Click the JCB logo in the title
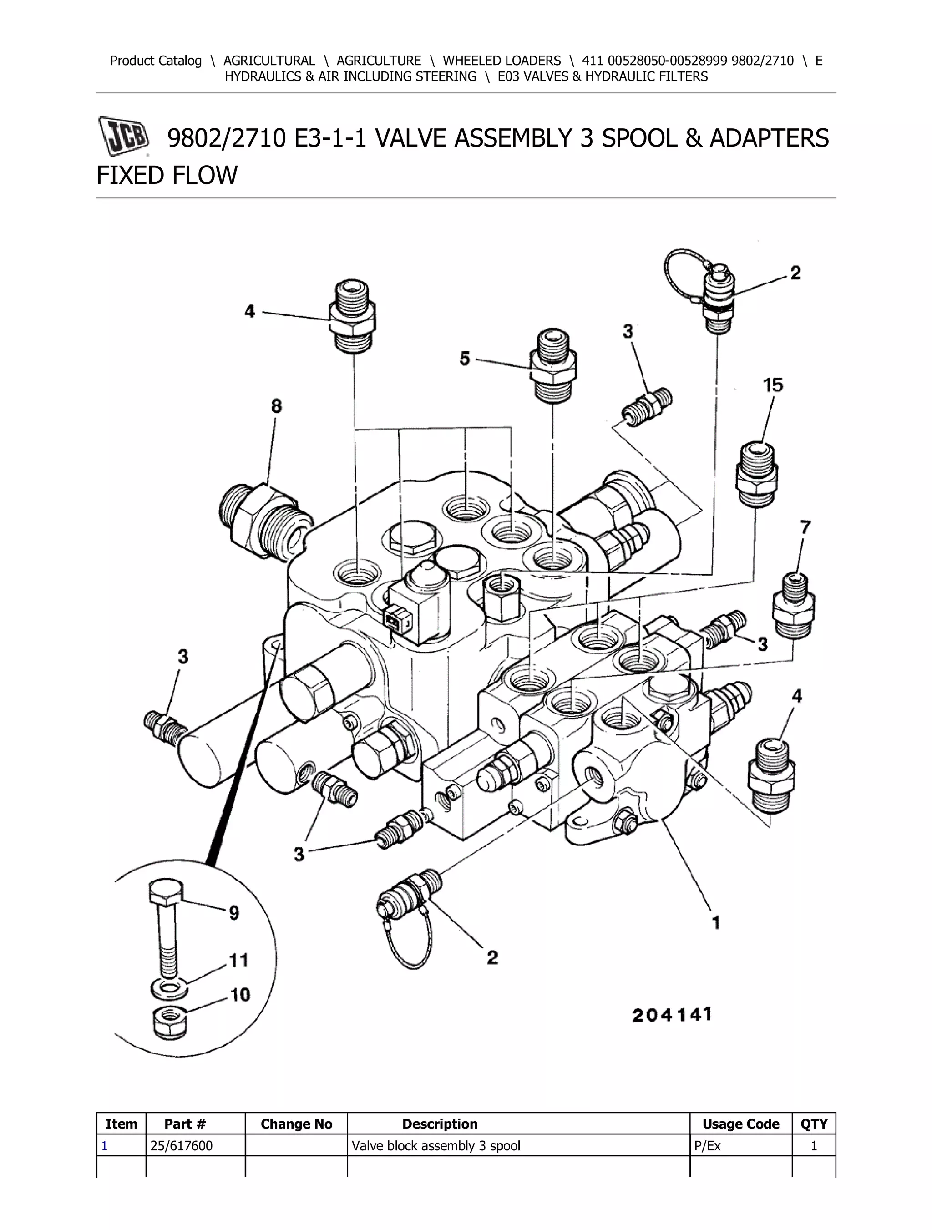[x=124, y=136]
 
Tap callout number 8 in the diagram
[x=276, y=406]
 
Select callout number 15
[x=772, y=385]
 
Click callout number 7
[x=805, y=526]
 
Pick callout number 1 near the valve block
[x=716, y=923]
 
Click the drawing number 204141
[x=672, y=1015]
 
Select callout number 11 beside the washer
[x=238, y=960]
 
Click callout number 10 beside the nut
[x=240, y=995]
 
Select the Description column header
[x=439, y=1124]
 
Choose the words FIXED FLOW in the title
[x=167, y=175]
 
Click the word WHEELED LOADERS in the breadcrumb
[x=501, y=61]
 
